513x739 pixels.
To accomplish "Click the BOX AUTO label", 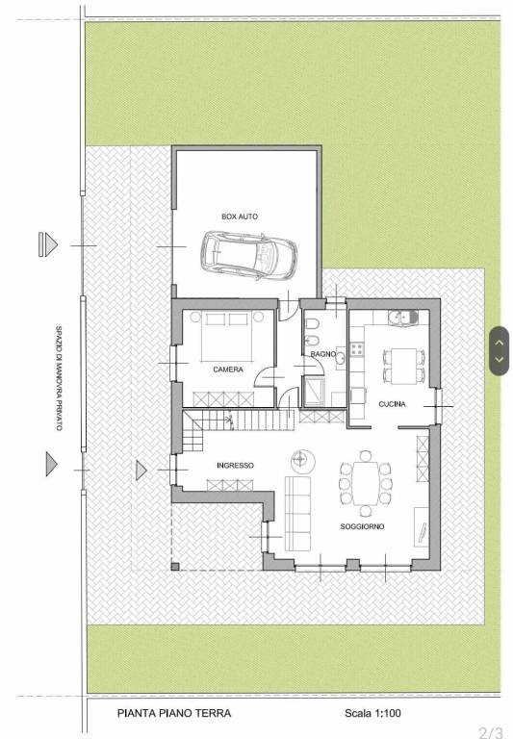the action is click(240, 217).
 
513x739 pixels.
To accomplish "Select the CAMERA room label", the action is click(228, 369).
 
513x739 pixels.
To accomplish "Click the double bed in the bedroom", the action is click(228, 336).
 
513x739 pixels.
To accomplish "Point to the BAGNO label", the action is click(323, 354).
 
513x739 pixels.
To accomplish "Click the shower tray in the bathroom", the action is click(314, 392).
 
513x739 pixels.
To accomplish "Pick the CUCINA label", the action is click(392, 404).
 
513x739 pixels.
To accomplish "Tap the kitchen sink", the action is click(403, 318).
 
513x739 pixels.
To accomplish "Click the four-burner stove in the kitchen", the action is click(356, 349).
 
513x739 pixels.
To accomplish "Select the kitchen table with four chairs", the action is click(404, 366).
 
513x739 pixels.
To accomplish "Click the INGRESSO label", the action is click(235, 465).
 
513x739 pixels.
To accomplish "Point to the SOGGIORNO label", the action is click(362, 526).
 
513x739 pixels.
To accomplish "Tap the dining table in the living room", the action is click(366, 483).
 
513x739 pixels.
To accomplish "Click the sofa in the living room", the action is click(297, 513).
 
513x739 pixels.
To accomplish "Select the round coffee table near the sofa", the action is click(303, 462).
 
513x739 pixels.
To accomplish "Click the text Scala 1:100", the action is click(372, 713).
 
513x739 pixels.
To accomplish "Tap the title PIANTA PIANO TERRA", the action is click(174, 713).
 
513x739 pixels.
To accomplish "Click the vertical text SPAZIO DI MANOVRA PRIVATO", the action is click(59, 377).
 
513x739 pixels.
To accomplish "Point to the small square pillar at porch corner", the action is click(175, 567).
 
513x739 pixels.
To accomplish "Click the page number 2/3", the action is click(490, 732).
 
